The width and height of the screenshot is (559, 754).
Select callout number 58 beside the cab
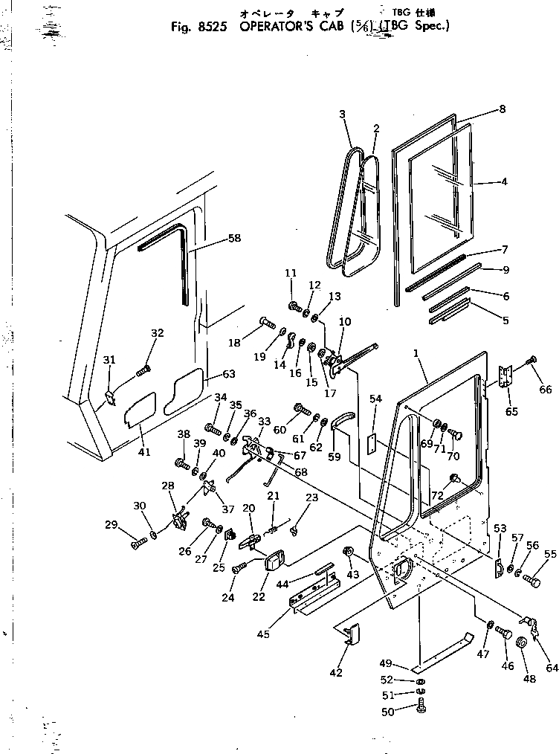tap(235, 238)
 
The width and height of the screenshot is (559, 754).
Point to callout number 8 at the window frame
tap(503, 109)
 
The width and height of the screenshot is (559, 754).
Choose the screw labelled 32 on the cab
tap(143, 369)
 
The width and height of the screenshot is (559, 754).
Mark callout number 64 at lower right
tap(552, 668)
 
